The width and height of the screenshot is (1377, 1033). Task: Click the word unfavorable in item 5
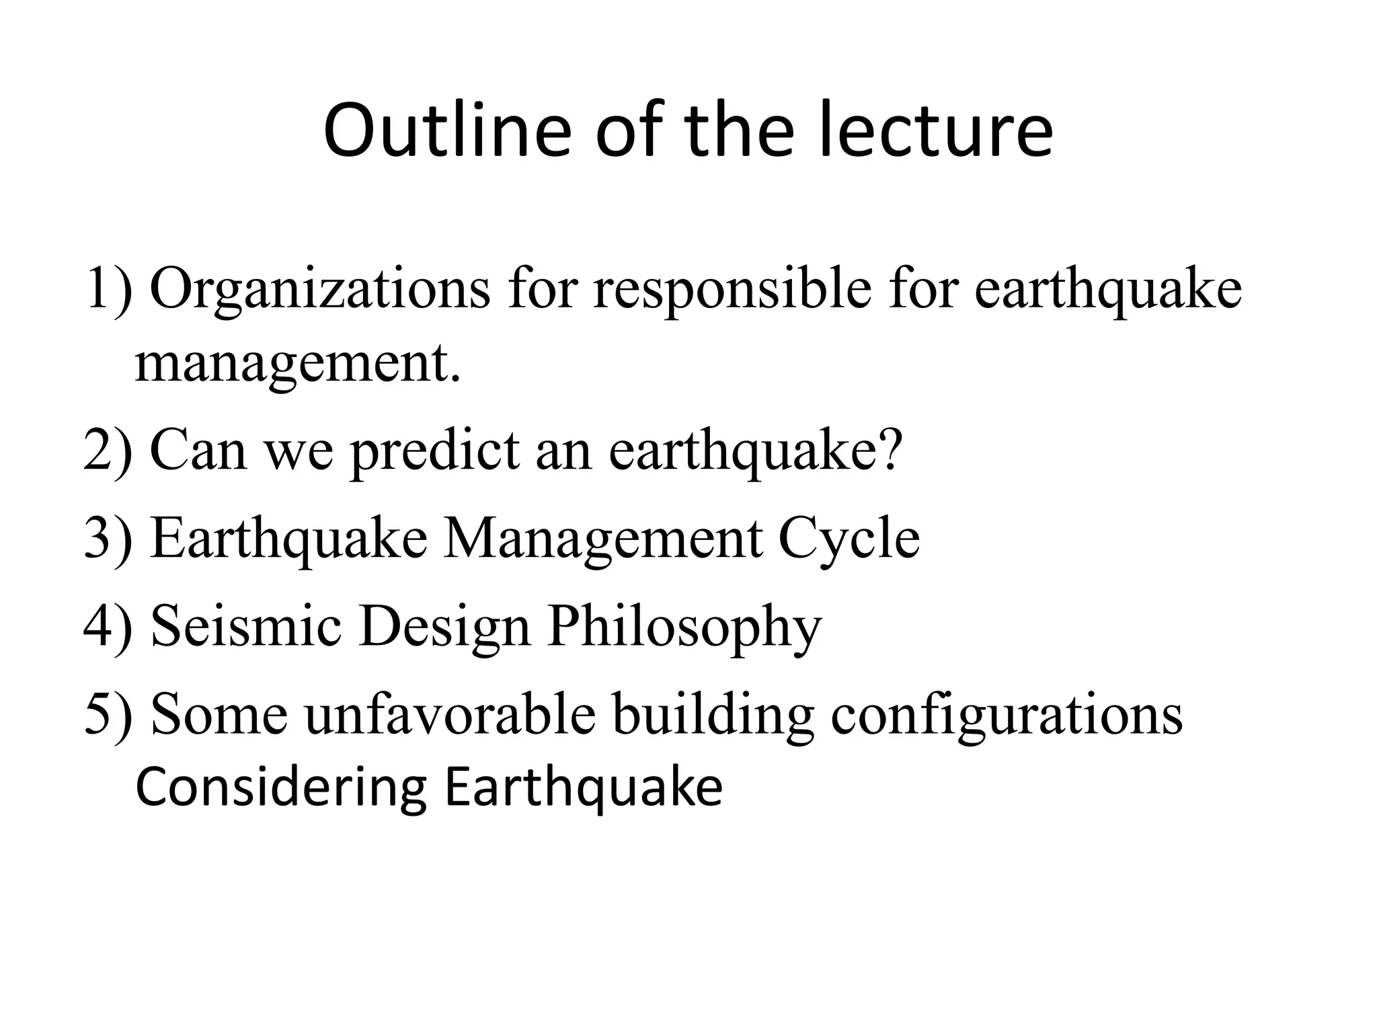(x=450, y=714)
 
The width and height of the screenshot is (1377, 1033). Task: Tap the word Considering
(x=281, y=788)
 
